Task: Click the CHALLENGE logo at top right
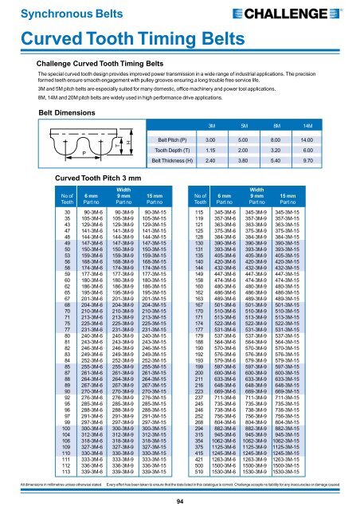point(314,13)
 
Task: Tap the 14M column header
point(331,126)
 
